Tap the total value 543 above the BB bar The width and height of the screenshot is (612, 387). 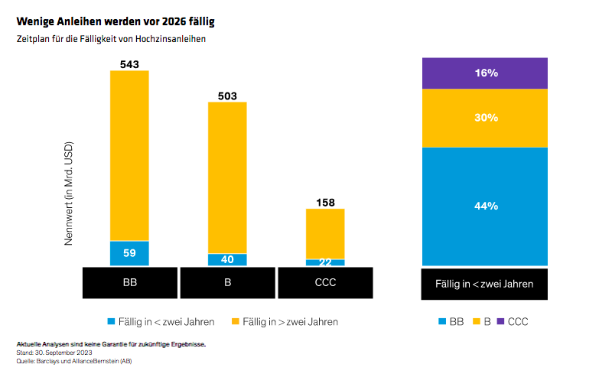click(129, 64)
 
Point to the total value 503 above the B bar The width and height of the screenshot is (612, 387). click(227, 96)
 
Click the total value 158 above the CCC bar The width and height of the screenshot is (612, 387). click(325, 203)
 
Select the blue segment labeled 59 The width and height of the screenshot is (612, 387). click(129, 253)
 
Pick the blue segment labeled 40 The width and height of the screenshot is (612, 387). click(227, 259)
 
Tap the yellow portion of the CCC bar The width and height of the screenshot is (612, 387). click(325, 233)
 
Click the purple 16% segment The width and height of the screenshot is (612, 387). click(485, 73)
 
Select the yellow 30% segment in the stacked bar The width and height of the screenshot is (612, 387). click(485, 118)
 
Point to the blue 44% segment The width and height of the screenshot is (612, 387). click(485, 206)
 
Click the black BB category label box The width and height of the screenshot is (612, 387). click(129, 282)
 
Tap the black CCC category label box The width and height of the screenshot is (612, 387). click(325, 282)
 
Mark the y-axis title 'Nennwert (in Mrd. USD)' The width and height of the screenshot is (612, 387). click(68, 193)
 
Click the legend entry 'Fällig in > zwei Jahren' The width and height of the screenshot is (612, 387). click(285, 322)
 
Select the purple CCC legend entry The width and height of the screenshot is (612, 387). click(512, 322)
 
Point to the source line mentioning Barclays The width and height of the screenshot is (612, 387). click(73, 361)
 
